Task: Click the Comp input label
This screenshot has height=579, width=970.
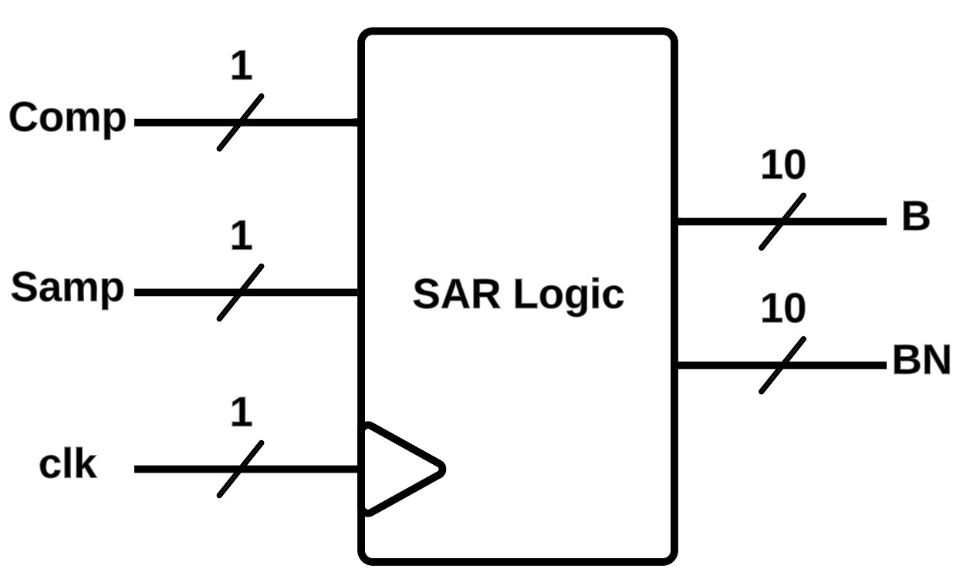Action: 68,120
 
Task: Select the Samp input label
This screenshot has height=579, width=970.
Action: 68,289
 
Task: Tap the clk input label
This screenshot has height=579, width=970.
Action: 68,466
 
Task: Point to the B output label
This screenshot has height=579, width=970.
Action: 916,217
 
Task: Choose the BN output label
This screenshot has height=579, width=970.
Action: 921,361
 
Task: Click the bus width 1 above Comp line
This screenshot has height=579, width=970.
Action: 242,67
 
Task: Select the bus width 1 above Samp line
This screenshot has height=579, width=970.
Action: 242,237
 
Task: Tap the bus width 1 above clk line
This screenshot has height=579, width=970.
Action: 242,413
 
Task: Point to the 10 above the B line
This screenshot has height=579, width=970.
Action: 782,166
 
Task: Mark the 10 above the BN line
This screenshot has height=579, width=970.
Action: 782,309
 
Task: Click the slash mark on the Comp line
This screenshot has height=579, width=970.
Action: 241,122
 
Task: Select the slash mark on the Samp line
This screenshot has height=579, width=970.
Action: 241,292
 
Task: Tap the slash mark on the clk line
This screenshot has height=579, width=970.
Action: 241,469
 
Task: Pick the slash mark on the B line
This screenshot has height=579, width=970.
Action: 782,221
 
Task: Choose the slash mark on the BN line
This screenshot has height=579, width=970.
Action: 782,365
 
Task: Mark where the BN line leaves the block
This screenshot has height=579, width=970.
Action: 677,365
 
